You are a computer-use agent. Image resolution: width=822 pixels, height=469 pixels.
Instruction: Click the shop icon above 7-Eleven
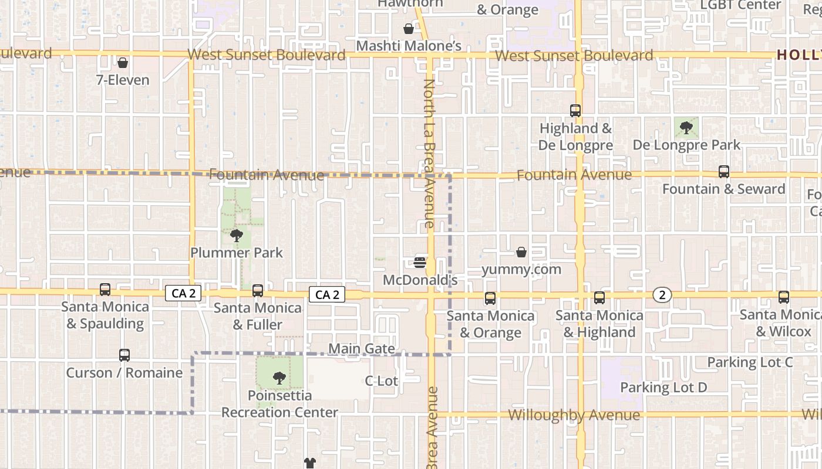click(x=123, y=63)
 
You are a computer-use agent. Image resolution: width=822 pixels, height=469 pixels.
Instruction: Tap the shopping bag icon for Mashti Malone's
click(x=409, y=29)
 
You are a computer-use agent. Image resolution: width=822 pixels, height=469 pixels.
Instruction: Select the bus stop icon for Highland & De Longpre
click(x=575, y=111)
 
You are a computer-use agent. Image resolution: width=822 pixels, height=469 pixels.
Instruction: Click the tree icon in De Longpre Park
click(x=686, y=127)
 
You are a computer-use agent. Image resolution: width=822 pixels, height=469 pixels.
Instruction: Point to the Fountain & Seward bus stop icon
click(x=724, y=172)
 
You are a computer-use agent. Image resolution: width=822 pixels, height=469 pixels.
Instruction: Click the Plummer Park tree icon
click(x=237, y=236)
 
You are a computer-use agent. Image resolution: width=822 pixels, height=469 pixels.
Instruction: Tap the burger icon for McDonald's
click(x=420, y=262)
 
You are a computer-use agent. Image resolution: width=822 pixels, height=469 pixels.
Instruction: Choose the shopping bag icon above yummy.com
click(x=521, y=252)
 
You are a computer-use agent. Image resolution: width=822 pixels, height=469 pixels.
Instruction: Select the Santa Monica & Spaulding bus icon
click(x=105, y=289)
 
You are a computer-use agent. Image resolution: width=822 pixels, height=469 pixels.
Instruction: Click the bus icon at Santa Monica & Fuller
click(x=257, y=290)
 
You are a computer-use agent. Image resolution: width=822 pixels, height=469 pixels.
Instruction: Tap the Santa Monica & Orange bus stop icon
click(x=490, y=298)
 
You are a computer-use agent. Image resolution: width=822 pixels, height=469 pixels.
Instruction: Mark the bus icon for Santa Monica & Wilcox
click(x=784, y=297)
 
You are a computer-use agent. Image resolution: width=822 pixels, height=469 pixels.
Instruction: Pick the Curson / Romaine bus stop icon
click(x=124, y=355)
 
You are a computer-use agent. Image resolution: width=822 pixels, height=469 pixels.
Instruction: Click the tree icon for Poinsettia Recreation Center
click(x=279, y=378)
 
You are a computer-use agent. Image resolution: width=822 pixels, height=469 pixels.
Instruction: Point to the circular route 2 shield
click(x=662, y=295)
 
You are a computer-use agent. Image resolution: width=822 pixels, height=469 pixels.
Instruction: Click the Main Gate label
click(x=361, y=349)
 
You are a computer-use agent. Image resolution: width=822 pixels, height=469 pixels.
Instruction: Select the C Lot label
click(x=382, y=381)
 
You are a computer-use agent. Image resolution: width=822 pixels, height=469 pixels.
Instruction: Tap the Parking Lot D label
click(x=663, y=388)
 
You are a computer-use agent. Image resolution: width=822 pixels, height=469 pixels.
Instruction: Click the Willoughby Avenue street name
click(x=574, y=416)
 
